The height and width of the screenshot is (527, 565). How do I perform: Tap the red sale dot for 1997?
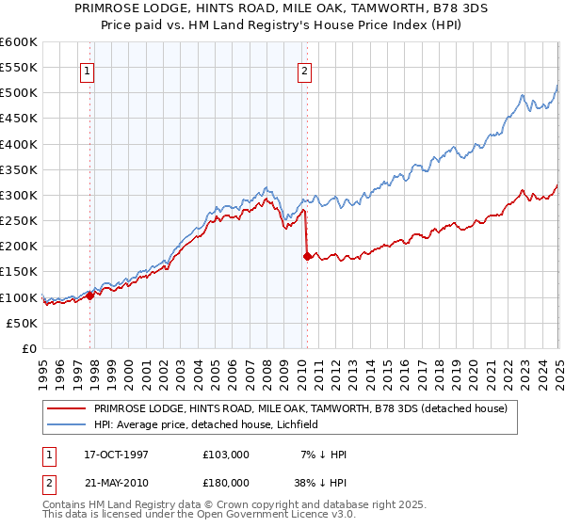(90, 295)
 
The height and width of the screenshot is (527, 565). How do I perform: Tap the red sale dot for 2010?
(307, 256)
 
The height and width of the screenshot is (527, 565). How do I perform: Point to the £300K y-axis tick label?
(19, 196)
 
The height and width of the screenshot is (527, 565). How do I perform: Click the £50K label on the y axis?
(23, 323)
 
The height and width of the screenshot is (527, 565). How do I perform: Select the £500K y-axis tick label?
(19, 93)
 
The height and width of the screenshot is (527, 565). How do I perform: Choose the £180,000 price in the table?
(225, 481)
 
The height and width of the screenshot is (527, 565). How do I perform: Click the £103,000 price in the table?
(225, 455)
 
